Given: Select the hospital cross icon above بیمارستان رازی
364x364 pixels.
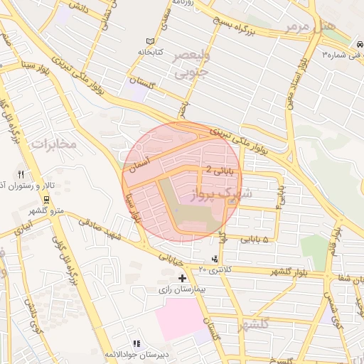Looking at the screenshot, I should click(x=183, y=278).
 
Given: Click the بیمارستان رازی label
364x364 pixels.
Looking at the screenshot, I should click(x=181, y=289).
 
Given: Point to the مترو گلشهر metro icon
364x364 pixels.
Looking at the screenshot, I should click(x=47, y=200).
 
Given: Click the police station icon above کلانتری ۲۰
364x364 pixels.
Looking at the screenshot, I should click(x=215, y=258).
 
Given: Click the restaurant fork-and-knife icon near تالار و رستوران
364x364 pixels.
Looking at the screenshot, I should click(x=21, y=174).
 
